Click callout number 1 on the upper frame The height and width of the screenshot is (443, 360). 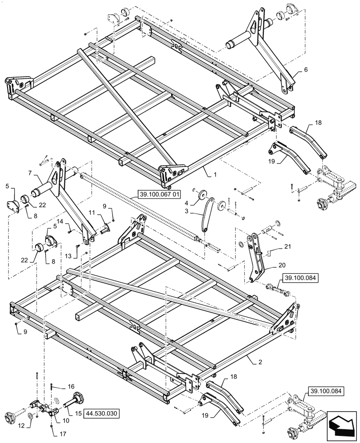(215, 175)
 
